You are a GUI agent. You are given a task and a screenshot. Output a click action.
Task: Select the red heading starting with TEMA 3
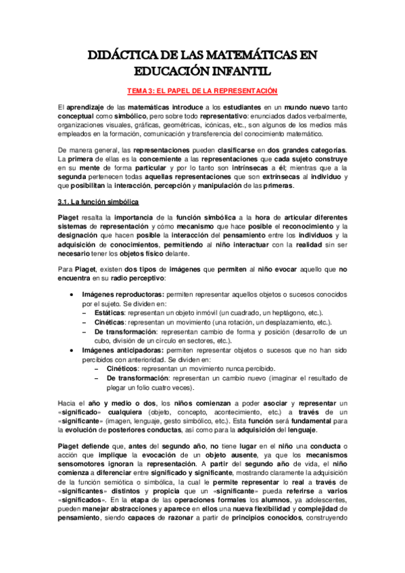[202, 91]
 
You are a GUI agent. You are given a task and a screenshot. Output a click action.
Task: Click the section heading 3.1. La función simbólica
[97, 202]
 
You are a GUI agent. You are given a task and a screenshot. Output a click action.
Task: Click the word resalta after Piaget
[93, 217]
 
